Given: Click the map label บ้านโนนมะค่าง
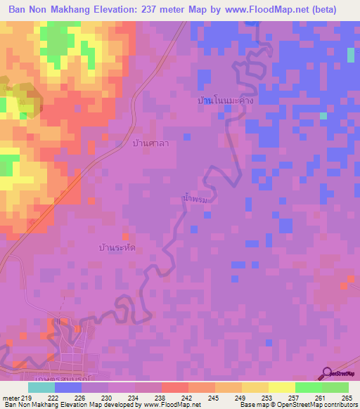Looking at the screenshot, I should [x=225, y=101].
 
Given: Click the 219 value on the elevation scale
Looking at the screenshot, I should [x=27, y=398].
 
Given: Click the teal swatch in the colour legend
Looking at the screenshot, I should [x=41, y=387].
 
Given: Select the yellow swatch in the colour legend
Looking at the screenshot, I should [x=281, y=387].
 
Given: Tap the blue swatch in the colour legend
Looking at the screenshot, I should [x=68, y=387].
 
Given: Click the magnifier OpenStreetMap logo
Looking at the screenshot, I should [x=327, y=372].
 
